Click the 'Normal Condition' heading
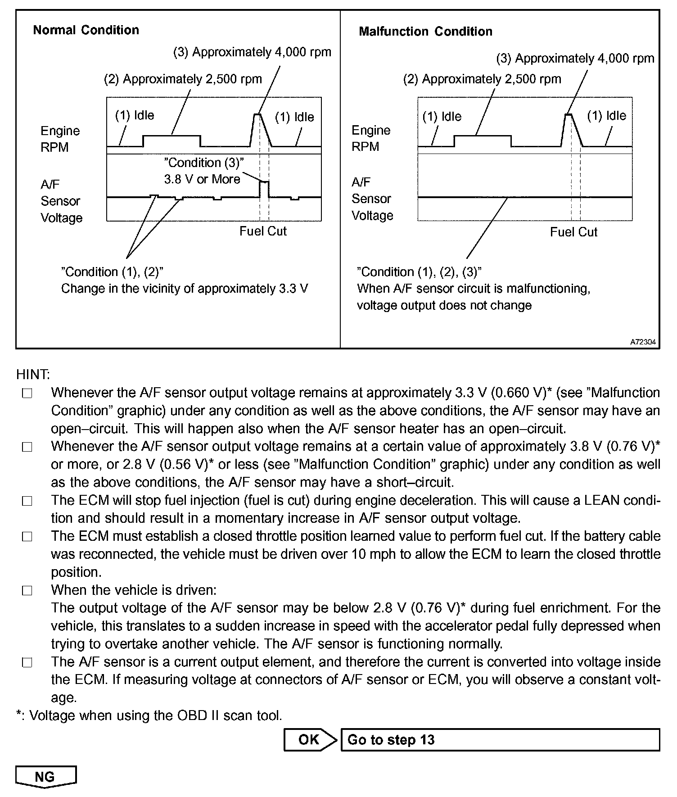[x=86, y=30]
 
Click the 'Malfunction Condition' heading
[x=425, y=32]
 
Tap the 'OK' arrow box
[x=310, y=739]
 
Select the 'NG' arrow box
[x=45, y=776]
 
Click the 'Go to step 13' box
[x=500, y=739]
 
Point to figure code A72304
[x=643, y=342]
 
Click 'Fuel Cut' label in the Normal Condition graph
[x=263, y=231]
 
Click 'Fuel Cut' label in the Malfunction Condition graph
[x=573, y=232]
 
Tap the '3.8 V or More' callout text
[x=202, y=179]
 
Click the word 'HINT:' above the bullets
[x=33, y=375]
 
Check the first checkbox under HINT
[x=27, y=394]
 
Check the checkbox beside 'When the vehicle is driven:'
[x=27, y=590]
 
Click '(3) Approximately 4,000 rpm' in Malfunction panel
[x=575, y=59]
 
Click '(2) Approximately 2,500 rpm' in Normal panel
[x=183, y=79]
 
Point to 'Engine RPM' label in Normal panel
[x=59, y=139]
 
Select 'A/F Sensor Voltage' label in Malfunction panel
[x=372, y=199]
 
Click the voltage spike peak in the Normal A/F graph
[x=264, y=181]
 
